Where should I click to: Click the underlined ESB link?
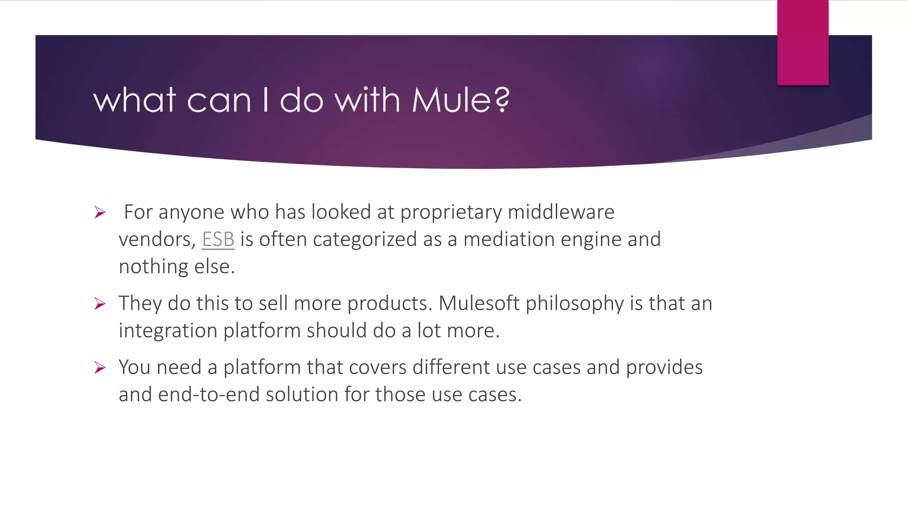click(218, 240)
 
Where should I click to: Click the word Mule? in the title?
click(461, 100)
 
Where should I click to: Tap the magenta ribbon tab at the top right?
click(802, 43)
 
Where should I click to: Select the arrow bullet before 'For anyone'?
click(100, 212)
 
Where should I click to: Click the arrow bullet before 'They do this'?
click(100, 304)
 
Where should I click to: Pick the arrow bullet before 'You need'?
click(100, 368)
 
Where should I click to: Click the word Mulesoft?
click(479, 303)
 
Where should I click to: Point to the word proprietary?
click(451, 212)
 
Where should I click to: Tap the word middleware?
click(561, 212)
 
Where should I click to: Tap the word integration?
click(168, 331)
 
